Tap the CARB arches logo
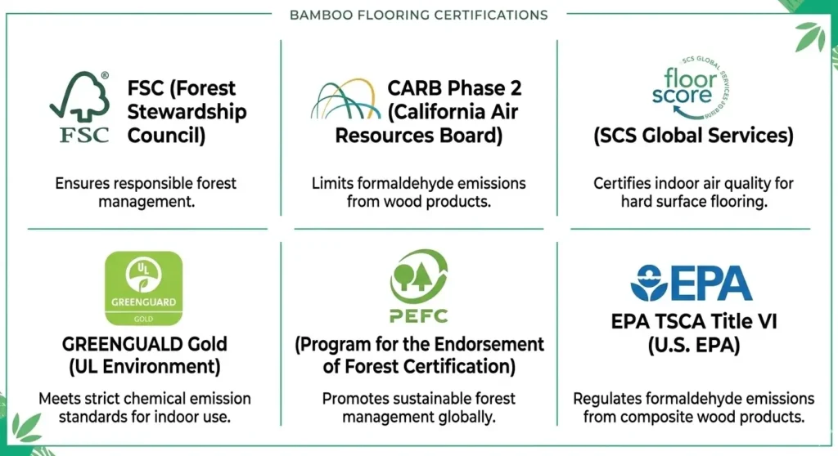[346, 99]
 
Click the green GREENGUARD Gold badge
[143, 291]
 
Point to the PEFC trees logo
[418, 287]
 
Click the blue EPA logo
[692, 283]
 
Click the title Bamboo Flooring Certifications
[418, 15]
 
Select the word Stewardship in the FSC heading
[187, 111]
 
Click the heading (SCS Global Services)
[693, 136]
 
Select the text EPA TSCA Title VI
[692, 322]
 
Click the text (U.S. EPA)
[692, 346]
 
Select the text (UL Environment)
[144, 367]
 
